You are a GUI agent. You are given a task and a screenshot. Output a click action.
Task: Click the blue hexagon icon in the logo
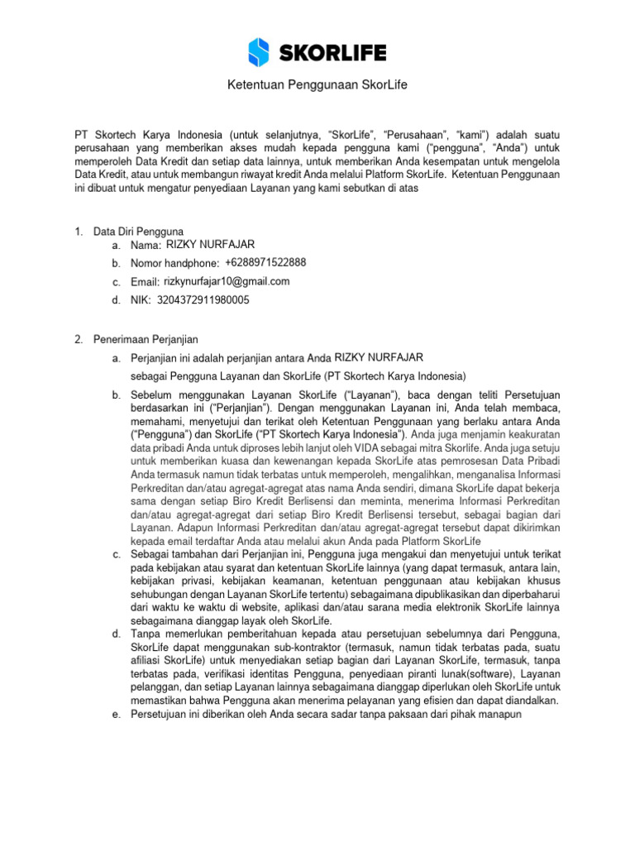[x=260, y=51]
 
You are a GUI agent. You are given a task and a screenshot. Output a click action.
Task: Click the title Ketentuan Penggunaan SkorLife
[x=317, y=87]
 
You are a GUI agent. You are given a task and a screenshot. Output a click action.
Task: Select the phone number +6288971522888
[x=265, y=262]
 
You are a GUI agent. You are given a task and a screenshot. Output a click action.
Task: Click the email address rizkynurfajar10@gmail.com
[x=227, y=281]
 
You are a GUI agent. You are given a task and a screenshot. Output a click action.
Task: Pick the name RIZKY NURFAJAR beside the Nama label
[x=210, y=244]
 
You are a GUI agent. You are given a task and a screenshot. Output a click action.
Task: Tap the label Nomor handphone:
[x=174, y=263]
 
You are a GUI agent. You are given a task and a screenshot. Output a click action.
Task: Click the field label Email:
[x=145, y=282]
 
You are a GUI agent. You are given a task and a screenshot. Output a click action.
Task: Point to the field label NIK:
[x=141, y=300]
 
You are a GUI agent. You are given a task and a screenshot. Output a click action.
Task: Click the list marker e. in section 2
[x=116, y=714]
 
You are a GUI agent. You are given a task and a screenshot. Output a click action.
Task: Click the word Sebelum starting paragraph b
[x=152, y=395]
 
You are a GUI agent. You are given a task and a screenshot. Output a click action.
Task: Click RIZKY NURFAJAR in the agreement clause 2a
[x=379, y=357]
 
